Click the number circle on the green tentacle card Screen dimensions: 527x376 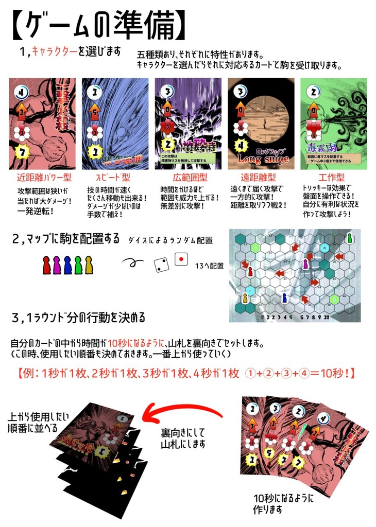pos(311,91)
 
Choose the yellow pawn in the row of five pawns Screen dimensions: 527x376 pos(89,265)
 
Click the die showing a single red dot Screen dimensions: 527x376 pos(181,259)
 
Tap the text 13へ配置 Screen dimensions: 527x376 pos(210,266)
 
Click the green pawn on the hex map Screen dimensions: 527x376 pos(350,238)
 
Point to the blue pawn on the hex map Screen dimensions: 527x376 pos(284,297)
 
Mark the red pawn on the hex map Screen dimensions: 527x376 pos(250,271)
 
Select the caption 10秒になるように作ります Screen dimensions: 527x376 pos(283,504)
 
